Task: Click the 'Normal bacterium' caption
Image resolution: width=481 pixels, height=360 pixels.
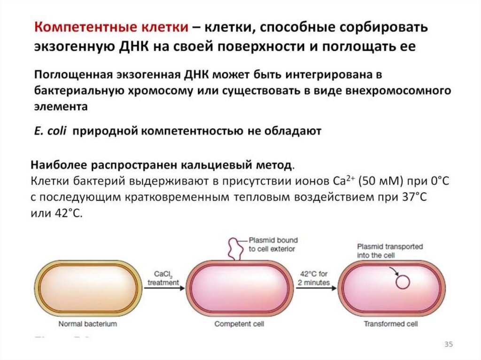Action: click(87, 324)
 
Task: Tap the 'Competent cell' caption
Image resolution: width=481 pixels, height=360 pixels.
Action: click(239, 324)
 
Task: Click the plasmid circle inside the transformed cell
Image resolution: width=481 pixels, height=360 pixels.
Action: click(403, 282)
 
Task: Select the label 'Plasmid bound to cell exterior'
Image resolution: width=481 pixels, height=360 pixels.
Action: click(273, 244)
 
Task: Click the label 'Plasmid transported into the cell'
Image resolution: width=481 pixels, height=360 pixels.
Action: click(389, 251)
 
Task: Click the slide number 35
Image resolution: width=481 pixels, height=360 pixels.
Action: click(448, 345)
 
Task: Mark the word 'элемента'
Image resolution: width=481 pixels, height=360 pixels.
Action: click(61, 107)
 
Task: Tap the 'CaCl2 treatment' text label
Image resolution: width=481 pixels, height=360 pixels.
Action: click(163, 278)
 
